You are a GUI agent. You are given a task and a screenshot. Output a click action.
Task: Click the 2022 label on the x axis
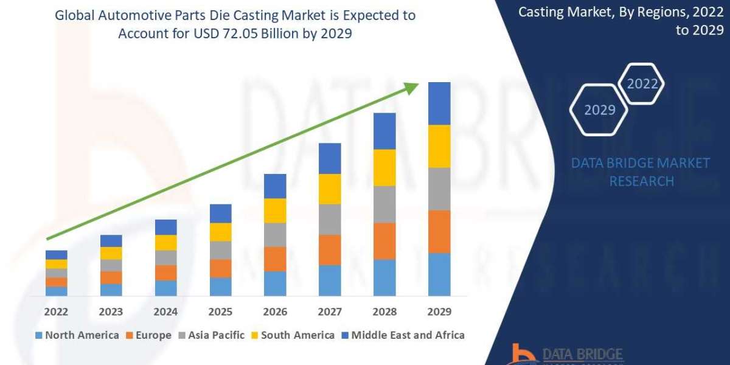(x=56, y=311)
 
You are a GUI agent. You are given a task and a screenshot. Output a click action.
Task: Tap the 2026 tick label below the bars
(x=275, y=311)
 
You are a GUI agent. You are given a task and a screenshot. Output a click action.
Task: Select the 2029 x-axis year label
(x=439, y=311)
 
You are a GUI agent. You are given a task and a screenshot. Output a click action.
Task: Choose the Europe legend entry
(x=150, y=335)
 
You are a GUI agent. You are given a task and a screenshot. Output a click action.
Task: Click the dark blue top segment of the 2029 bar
(x=439, y=103)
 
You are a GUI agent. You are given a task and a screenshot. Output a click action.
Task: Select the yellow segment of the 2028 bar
(x=384, y=167)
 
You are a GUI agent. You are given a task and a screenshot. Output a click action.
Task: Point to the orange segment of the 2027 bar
(x=330, y=249)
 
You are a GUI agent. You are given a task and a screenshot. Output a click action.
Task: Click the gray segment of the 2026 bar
(x=275, y=234)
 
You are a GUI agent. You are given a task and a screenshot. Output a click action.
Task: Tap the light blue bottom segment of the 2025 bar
(x=220, y=287)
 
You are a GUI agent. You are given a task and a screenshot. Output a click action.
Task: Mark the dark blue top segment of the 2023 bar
(x=111, y=241)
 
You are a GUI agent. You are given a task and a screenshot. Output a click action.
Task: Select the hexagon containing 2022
(x=642, y=84)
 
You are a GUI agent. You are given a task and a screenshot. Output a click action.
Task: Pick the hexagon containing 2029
(x=599, y=110)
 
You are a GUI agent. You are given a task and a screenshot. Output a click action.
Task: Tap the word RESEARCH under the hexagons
(x=641, y=181)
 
